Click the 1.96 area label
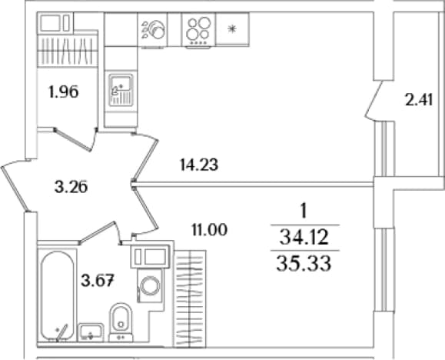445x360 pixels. pos(64,92)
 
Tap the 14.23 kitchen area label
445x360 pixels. pos(199,165)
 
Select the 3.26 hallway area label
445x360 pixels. pos(71,187)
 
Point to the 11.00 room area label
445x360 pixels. pos(210,229)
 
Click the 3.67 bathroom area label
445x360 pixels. pos(98,281)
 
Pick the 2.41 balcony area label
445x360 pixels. pos(419,100)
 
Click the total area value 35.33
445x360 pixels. pos(304,263)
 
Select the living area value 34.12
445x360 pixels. pos(304,237)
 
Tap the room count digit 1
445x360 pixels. pos(304,212)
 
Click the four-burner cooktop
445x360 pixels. pos(198,30)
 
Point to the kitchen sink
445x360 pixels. pos(121,90)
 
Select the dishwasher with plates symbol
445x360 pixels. pos(153,30)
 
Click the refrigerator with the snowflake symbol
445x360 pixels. pos(232,28)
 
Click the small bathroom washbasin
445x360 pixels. pos(91,332)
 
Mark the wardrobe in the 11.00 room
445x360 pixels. pos(190,298)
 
